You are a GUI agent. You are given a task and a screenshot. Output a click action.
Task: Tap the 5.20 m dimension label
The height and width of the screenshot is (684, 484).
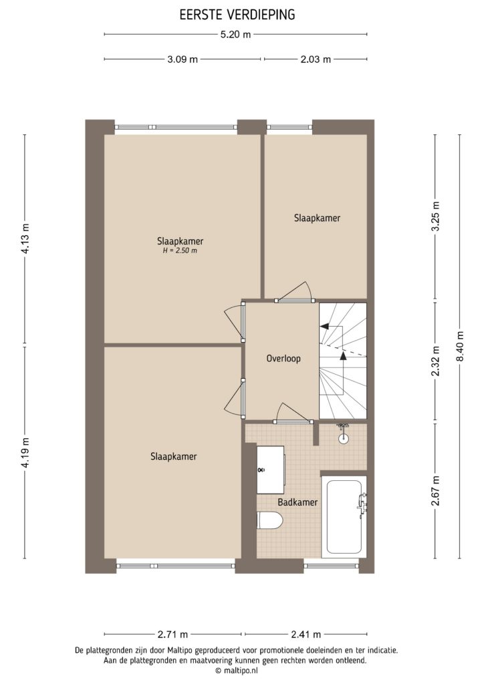pos(236,35)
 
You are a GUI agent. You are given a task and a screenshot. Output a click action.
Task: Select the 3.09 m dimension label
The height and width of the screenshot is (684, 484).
pos(182,59)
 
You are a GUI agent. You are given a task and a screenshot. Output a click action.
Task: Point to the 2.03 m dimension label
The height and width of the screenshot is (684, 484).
pos(315,59)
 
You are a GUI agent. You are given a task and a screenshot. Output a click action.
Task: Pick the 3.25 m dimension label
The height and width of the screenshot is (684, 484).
pos(435,216)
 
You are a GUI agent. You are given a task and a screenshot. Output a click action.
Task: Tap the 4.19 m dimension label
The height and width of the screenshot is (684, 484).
pos(25,453)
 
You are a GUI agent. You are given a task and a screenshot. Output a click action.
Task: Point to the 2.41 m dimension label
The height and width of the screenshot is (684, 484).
pos(307,634)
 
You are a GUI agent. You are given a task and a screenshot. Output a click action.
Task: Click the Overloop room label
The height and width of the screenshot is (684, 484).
pos(283,358)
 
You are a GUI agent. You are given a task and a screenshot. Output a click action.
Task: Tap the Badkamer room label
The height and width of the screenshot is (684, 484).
pos(297,502)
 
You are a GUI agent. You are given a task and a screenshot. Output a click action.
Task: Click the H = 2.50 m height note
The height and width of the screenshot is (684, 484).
pos(180,251)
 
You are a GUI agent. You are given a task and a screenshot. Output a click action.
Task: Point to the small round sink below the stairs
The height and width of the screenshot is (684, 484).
pos(344,438)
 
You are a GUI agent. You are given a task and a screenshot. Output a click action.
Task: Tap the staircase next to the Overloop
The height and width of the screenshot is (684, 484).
pos(343,360)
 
